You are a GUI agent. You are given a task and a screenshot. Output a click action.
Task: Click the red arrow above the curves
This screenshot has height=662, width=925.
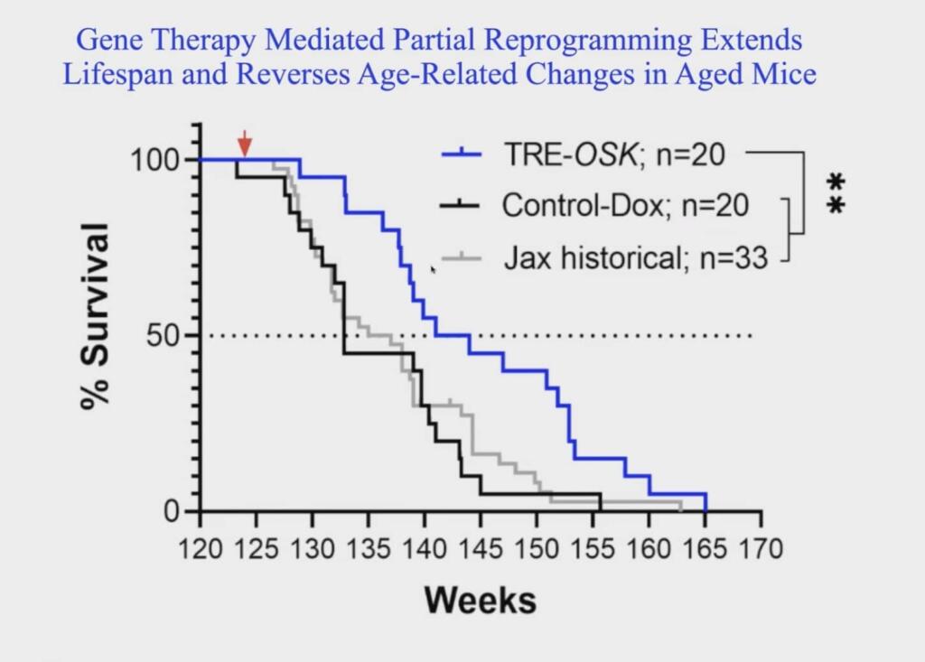(244, 144)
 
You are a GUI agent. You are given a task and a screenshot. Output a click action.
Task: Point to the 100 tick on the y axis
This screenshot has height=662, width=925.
(157, 160)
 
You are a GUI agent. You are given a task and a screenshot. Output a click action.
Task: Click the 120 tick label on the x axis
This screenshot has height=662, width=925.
(200, 549)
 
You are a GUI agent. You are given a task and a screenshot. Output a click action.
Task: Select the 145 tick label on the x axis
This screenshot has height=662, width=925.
(481, 549)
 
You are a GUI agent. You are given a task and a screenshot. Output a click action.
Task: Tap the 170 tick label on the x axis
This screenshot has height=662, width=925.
(761, 549)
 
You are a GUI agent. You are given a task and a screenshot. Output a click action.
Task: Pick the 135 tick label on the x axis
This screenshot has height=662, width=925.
(369, 549)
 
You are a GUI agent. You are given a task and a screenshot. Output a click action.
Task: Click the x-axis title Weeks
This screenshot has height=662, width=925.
(480, 600)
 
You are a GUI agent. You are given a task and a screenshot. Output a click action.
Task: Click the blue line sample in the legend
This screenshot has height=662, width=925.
(463, 154)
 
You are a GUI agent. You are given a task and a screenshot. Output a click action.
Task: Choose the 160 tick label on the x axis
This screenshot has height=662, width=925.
(649, 549)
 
